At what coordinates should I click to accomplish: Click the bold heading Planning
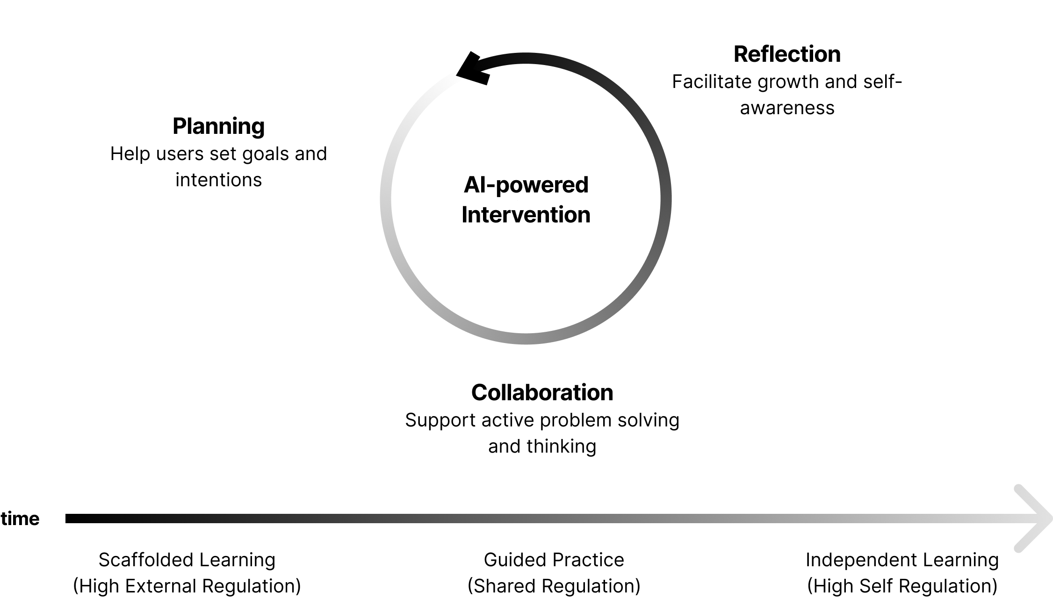(218, 126)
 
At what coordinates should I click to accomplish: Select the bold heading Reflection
(787, 54)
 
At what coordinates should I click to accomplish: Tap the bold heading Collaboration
(542, 393)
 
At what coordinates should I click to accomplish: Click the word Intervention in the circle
(526, 215)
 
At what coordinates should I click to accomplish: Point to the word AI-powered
(526, 185)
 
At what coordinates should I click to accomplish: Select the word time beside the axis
(20, 519)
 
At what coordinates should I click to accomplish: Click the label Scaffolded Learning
(187, 560)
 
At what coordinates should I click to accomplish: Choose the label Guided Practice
(554, 560)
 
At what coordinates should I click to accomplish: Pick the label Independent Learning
(902, 560)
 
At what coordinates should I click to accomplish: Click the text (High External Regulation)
(187, 586)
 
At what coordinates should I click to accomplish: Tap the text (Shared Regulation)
(554, 586)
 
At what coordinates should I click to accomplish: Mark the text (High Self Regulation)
(902, 586)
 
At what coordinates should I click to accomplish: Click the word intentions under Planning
(218, 180)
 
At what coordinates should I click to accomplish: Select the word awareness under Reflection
(787, 108)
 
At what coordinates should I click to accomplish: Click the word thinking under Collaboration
(561, 446)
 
